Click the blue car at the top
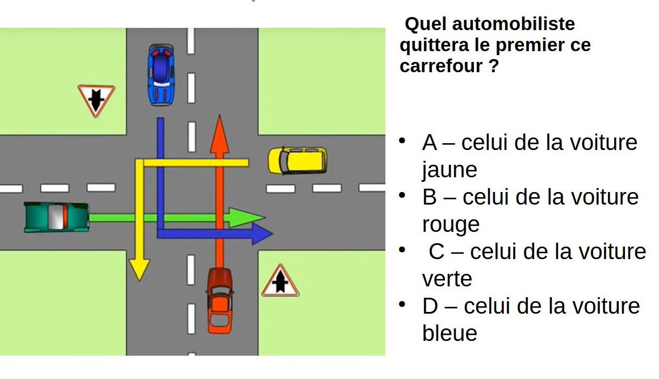click(161, 74)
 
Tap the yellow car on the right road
click(297, 160)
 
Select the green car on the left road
click(56, 217)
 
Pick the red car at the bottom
click(219, 299)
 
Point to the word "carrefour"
click(441, 66)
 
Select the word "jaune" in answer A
click(450, 169)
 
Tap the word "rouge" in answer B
click(451, 224)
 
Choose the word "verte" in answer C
click(447, 279)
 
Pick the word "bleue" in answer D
click(450, 333)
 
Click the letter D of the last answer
click(431, 306)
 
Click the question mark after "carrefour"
click(493, 66)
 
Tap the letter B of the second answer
click(430, 197)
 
